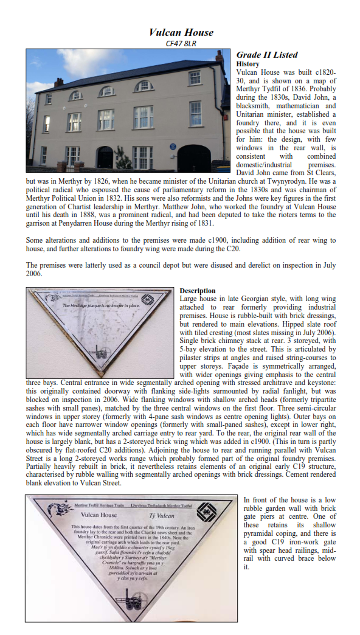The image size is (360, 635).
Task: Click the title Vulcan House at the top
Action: tap(181, 32)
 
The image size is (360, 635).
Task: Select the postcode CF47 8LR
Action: tap(181, 43)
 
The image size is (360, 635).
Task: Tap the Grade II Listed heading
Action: tap(267, 55)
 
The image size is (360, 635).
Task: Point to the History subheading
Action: tap(247, 64)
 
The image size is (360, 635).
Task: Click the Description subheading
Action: tap(198, 291)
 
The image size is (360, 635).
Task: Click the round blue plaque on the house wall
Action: tap(173, 146)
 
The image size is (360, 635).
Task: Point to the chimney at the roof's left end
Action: tap(58, 82)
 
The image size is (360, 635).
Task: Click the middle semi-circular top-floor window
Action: tap(107, 91)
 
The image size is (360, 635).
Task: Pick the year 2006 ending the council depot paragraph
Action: tap(35, 274)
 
